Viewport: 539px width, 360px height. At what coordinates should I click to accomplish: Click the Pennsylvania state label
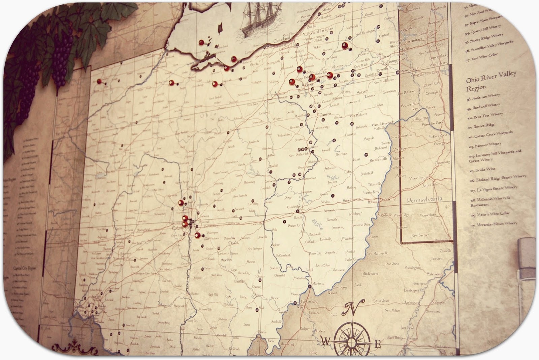424,200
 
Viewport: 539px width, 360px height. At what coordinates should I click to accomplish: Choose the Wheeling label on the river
387,200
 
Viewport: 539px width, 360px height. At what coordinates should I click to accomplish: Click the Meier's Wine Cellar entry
490,214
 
